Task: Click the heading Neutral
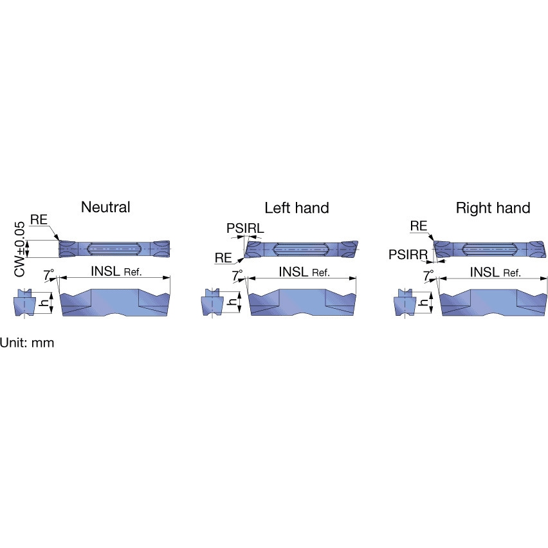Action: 105,207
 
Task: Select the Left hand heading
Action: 297,208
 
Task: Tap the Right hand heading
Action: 493,208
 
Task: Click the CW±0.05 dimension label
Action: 20,249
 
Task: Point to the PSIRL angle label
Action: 245,228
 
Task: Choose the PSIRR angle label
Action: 408,255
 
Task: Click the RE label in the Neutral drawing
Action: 39,219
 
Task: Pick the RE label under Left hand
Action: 223,258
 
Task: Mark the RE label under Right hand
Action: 419,226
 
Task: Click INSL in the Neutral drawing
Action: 105,271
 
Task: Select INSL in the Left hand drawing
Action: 293,271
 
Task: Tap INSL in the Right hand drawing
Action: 484,272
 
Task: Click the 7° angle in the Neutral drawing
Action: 49,275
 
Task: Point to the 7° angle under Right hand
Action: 428,275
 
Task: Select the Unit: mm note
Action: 27,342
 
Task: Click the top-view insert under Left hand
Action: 301,250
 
